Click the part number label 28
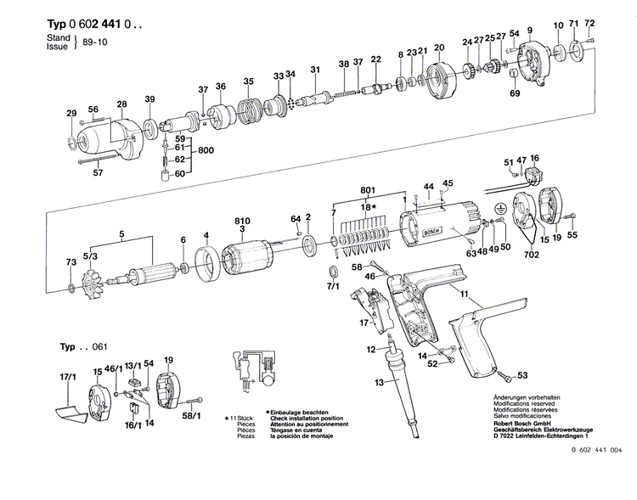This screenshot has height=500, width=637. [x=122, y=104]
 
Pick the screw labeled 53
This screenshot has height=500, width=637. [x=507, y=374]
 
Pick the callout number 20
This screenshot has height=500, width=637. [x=439, y=48]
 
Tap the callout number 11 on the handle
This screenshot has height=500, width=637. [x=465, y=293]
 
